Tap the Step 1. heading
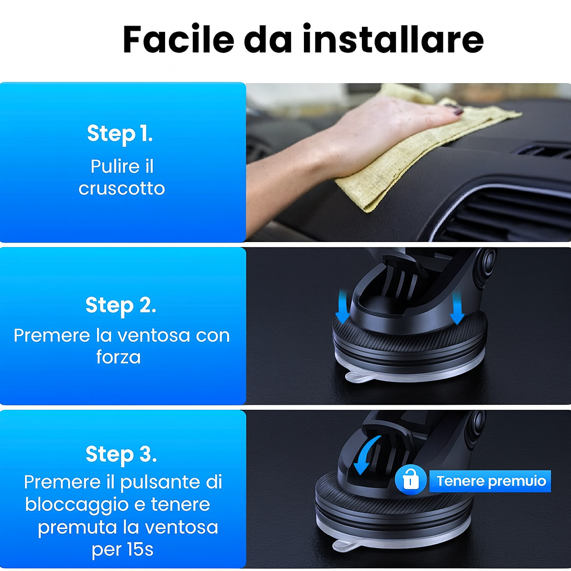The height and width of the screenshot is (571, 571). click(120, 134)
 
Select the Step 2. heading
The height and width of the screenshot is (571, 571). click(121, 305)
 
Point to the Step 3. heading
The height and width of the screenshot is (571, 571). click(121, 454)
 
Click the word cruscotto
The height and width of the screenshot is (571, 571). click(122, 188)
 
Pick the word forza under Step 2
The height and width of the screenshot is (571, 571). click(118, 357)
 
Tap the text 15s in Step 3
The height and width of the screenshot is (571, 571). click(138, 550)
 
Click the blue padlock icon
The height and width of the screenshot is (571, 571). click(410, 481)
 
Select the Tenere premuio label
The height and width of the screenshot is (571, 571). click(491, 481)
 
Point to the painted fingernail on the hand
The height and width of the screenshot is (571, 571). click(458, 112)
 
